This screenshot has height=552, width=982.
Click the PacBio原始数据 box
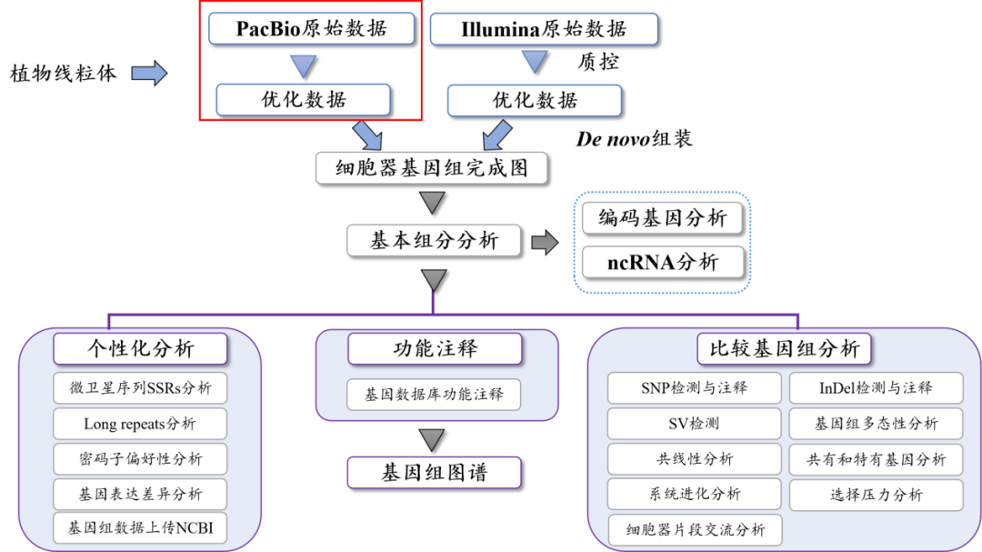(x=311, y=28)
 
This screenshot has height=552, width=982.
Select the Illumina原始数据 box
(x=544, y=29)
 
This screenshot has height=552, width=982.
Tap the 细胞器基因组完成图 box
(x=432, y=168)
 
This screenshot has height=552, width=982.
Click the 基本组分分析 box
(x=434, y=241)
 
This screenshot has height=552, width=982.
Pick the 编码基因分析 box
(x=663, y=218)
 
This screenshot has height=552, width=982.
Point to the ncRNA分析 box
(x=663, y=263)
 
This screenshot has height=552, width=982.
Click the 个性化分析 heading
(x=141, y=348)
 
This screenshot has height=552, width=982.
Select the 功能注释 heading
(x=435, y=348)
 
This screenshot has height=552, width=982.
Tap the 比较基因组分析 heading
(x=784, y=348)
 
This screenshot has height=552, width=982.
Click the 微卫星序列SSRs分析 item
(x=141, y=388)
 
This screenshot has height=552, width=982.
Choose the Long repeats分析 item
(x=140, y=424)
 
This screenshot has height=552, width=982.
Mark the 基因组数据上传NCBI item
(x=141, y=527)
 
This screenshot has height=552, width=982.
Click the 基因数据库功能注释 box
(x=434, y=395)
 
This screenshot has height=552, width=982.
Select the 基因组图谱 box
(x=434, y=473)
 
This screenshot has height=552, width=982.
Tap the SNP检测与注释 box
(x=694, y=388)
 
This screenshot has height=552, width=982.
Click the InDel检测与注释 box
(x=876, y=388)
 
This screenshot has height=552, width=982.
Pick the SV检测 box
(x=694, y=424)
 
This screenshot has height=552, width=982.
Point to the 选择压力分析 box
(x=876, y=495)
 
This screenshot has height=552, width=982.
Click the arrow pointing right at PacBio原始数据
(x=149, y=74)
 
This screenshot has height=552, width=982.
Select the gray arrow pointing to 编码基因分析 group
(x=544, y=242)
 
